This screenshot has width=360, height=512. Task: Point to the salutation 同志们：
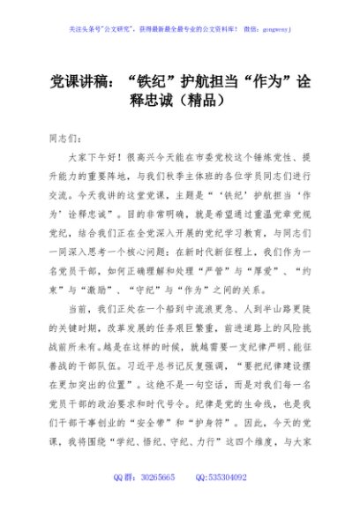[63, 139]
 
